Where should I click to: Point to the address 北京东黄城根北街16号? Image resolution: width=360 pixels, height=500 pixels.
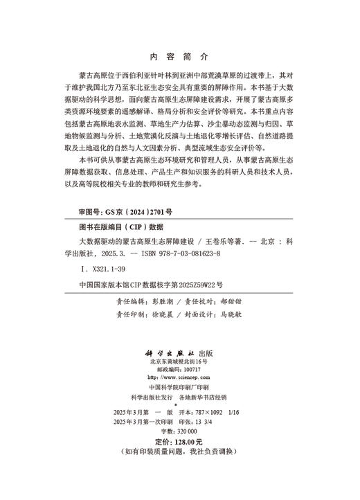point(179,361)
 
